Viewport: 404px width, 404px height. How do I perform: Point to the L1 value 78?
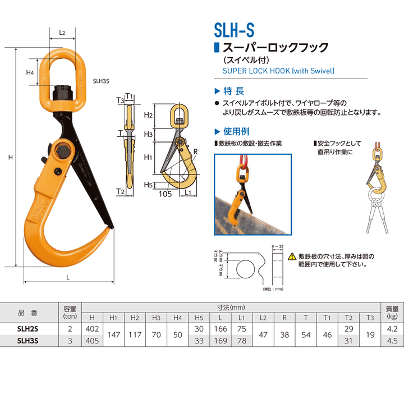click(x=241, y=339)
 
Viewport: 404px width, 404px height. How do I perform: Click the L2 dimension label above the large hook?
click(x=62, y=33)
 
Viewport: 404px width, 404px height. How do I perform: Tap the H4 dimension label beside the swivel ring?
click(x=30, y=72)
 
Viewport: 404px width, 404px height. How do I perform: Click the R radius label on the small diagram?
click(x=195, y=151)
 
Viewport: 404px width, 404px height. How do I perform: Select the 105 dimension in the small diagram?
click(x=164, y=194)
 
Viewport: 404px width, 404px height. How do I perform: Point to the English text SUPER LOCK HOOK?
click(x=278, y=71)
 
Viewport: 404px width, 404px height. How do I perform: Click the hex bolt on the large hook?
click(x=60, y=151)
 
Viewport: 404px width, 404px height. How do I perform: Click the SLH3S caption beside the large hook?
click(x=101, y=80)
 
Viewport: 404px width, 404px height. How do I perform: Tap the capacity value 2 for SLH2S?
click(x=70, y=329)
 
